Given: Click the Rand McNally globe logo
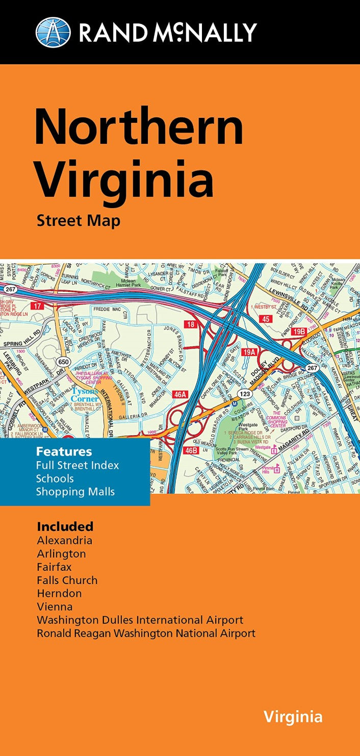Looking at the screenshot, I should pyautogui.click(x=53, y=32).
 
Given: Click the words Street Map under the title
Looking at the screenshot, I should pyautogui.click(x=78, y=221).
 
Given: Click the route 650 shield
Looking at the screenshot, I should pyautogui.click(x=64, y=361).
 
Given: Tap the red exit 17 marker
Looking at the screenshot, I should pyautogui.click(x=36, y=306).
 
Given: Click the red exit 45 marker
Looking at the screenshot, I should pyautogui.click(x=265, y=319).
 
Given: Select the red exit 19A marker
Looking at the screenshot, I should pyautogui.click(x=249, y=351).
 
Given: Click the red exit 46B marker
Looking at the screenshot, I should pyautogui.click(x=191, y=450).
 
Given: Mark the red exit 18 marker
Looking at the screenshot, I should pyautogui.click(x=191, y=324).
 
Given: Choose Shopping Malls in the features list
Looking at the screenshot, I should pyautogui.click(x=75, y=492).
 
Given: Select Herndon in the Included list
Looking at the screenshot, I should pyautogui.click(x=59, y=593).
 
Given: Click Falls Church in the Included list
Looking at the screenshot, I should pyautogui.click(x=67, y=580).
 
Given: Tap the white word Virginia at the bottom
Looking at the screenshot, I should pyautogui.click(x=293, y=717).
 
